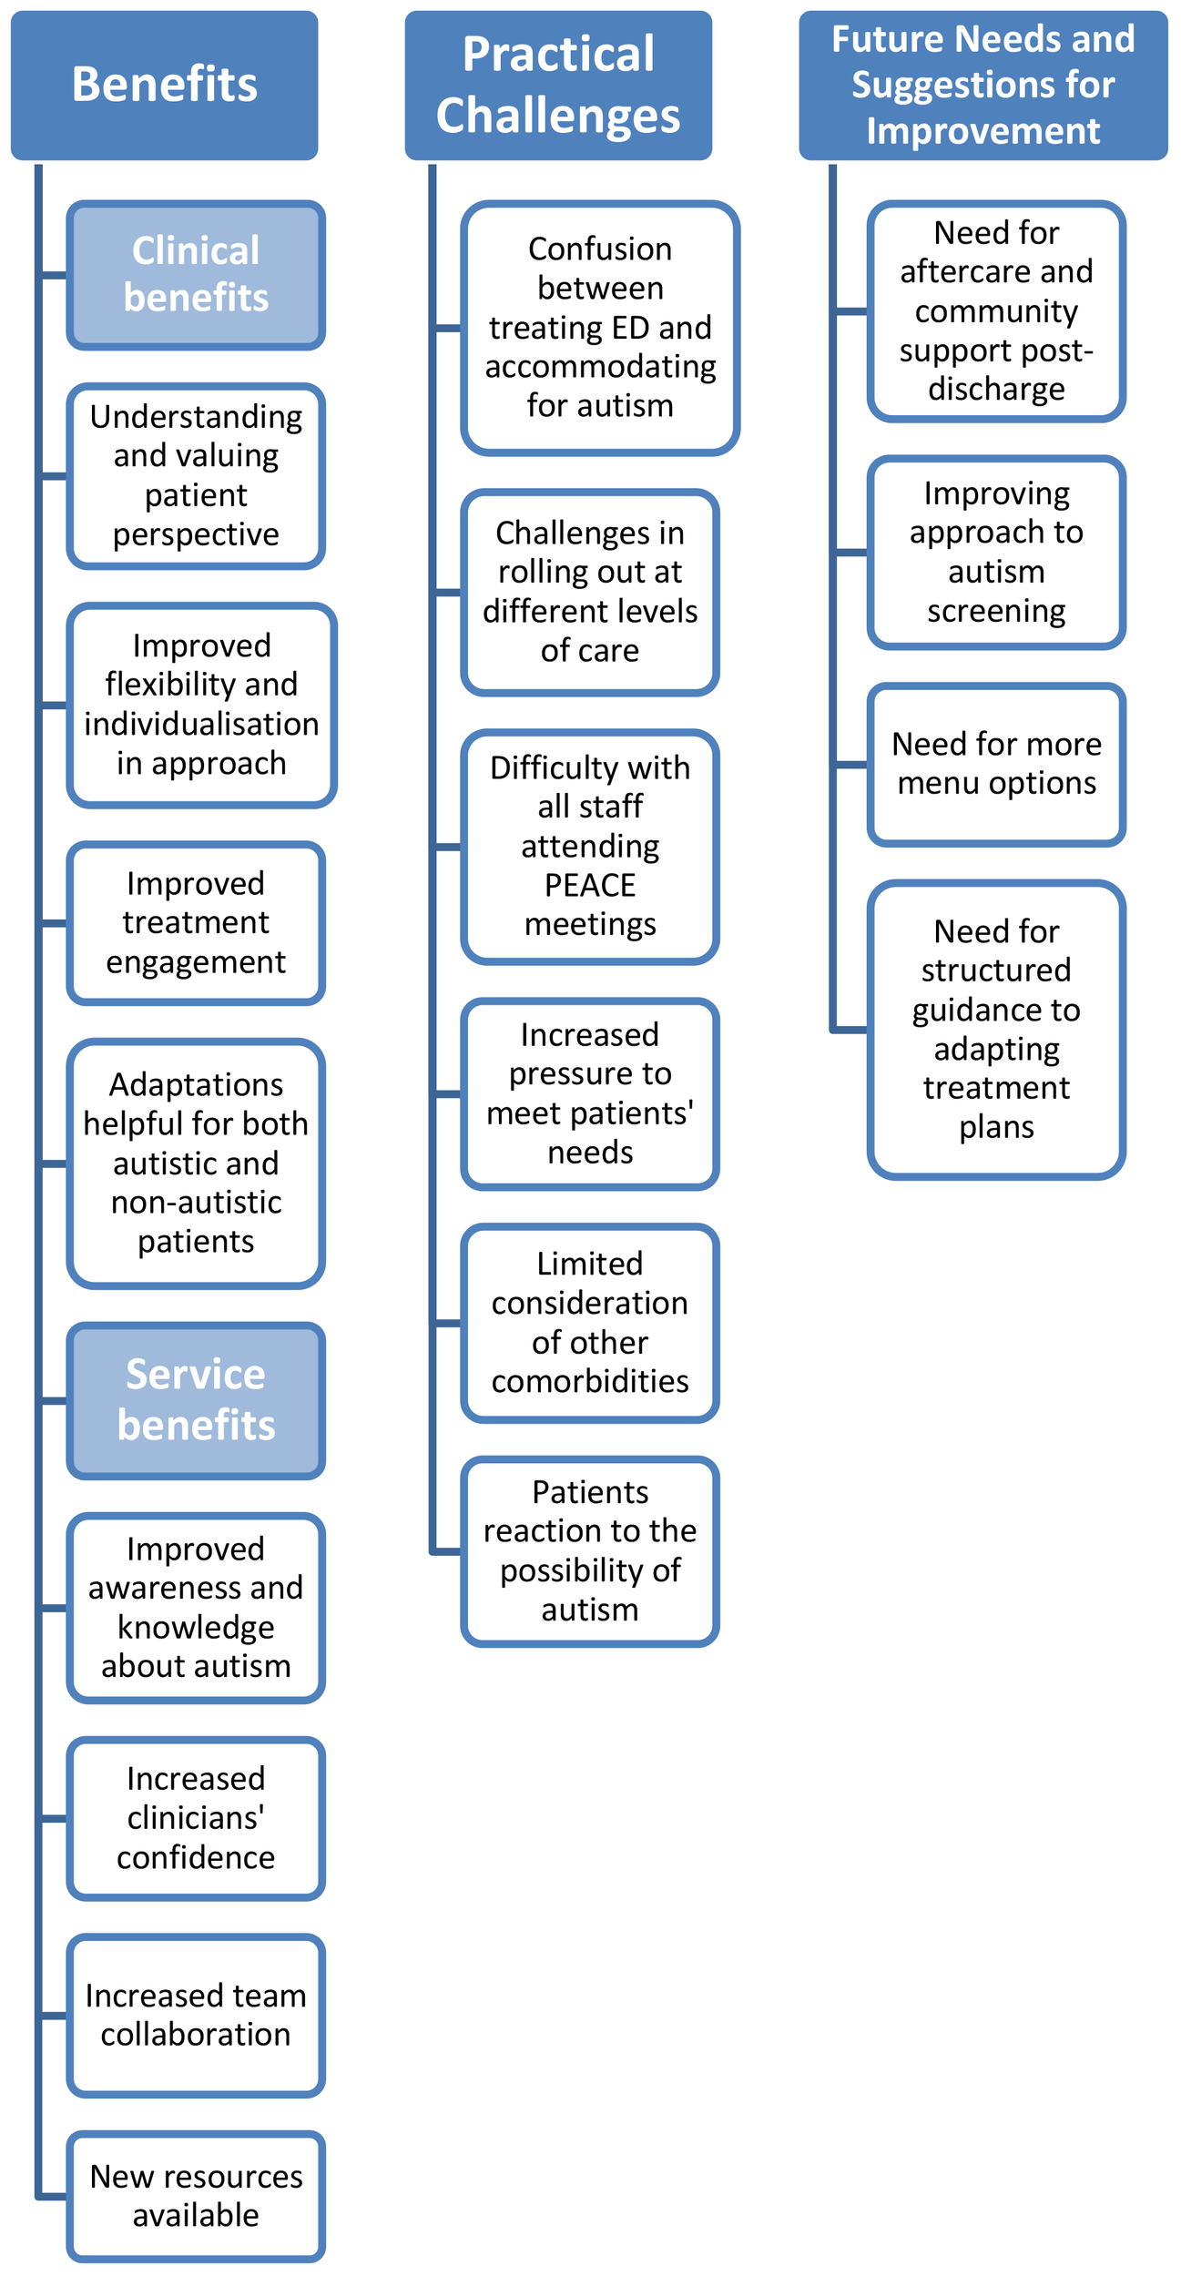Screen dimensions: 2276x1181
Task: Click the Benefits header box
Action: pos(164,85)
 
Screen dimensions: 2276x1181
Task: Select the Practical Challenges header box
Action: pos(558,85)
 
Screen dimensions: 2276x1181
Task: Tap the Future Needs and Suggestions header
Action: pos(982,85)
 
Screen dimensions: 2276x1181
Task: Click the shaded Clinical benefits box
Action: pos(196,275)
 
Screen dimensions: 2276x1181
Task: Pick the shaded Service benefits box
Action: pos(196,1399)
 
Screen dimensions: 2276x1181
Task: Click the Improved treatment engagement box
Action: pos(196,923)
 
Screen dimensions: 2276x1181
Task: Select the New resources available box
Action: pos(196,2196)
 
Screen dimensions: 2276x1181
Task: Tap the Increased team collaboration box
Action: pos(196,2016)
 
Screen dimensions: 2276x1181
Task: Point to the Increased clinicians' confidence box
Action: pos(196,1818)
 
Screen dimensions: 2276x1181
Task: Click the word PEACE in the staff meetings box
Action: pos(590,885)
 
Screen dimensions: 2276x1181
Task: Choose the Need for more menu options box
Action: pos(996,764)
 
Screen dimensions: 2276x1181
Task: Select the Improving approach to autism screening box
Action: pos(996,552)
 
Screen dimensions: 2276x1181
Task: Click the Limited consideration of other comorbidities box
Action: pos(590,1322)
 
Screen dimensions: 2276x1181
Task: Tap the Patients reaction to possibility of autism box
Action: pos(590,1550)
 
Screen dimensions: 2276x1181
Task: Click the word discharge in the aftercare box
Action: pos(996,389)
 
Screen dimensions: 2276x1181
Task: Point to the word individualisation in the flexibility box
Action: pos(201,724)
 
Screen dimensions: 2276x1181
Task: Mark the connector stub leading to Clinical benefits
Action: pos(54,275)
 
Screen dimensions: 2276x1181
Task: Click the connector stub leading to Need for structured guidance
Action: pos(850,1030)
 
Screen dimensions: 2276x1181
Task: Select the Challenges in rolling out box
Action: pos(590,592)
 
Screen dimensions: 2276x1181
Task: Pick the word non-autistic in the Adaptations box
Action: pos(196,1203)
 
